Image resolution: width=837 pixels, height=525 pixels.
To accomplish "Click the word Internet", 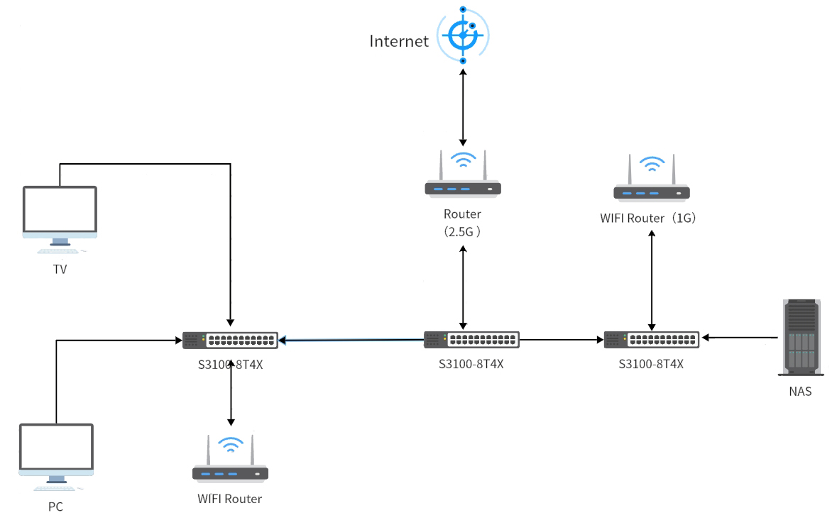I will (x=399, y=41).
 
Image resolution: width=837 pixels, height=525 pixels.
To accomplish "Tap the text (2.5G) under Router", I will (x=463, y=231).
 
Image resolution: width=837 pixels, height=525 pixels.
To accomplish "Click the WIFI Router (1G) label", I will (x=650, y=219).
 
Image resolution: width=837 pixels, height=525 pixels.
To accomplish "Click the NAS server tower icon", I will (x=801, y=336).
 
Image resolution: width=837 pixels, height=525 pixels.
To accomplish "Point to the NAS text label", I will (x=800, y=391).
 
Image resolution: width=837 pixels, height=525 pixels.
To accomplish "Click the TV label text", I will (x=60, y=270).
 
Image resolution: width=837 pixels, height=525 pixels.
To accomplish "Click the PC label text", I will (x=55, y=507).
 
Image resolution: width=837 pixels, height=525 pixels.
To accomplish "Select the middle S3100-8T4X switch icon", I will (x=471, y=340).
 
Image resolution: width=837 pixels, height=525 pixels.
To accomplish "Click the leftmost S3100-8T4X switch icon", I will (x=230, y=340).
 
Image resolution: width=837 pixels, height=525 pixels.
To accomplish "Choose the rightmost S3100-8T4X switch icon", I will (x=652, y=340).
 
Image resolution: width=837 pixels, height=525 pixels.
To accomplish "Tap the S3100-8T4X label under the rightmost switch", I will (x=651, y=365).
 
